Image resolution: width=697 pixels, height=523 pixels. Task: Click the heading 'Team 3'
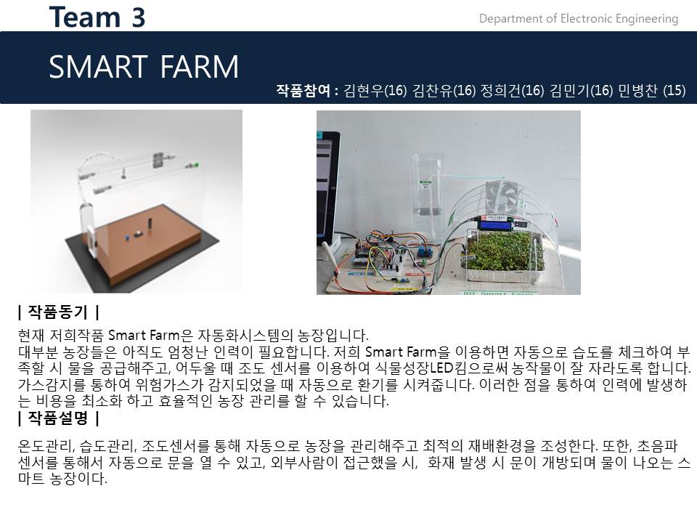(x=97, y=17)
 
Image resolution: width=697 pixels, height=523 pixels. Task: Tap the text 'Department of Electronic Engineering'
(x=578, y=19)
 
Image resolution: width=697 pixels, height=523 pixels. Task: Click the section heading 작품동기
(x=58, y=313)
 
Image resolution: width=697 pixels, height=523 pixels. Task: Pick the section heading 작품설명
(x=58, y=418)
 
